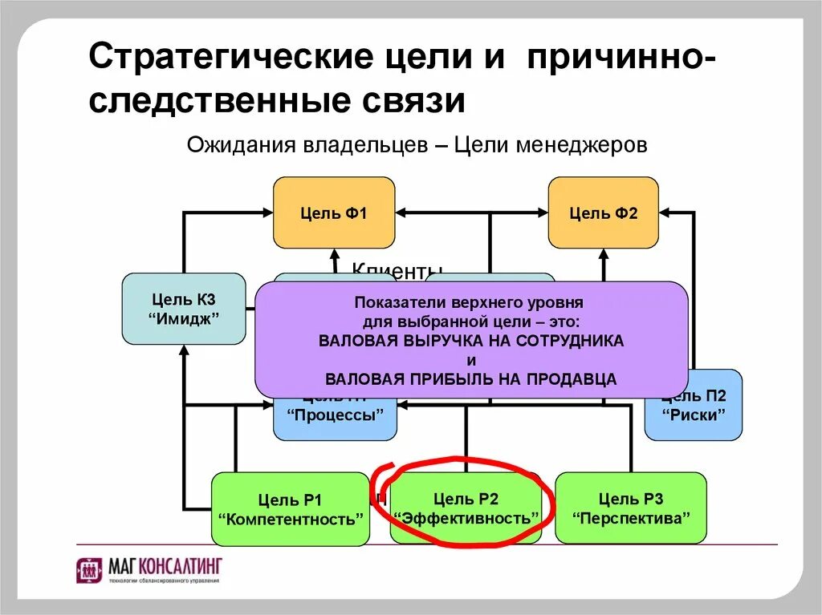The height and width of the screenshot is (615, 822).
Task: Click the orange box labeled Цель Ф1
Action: click(334, 212)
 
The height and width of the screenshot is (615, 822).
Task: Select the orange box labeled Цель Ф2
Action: click(603, 212)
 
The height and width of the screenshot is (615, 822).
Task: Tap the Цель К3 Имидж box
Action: click(184, 309)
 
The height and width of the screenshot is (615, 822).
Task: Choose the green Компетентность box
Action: click(291, 509)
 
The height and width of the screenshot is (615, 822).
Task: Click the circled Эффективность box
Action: click(466, 509)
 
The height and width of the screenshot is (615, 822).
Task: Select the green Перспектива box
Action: click(631, 508)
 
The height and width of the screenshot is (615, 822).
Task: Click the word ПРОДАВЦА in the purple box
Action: click(572, 379)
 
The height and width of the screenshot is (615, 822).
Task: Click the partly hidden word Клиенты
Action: click(397, 271)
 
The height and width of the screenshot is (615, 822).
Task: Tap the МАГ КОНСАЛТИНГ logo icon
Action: click(88, 571)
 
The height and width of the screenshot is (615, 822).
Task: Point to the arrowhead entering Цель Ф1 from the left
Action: click(267, 212)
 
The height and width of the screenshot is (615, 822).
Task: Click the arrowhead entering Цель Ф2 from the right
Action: click(665, 212)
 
